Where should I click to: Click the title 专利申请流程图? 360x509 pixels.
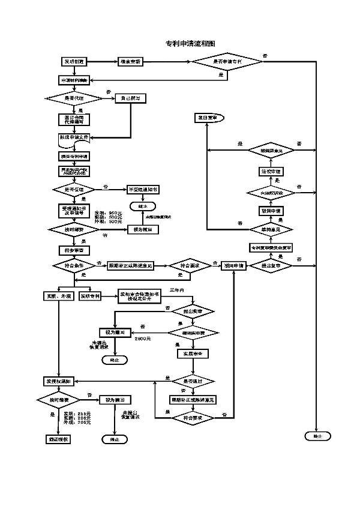190,44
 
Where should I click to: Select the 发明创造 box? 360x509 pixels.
76,62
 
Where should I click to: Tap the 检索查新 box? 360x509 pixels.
130,62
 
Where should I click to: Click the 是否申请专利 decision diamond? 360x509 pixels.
228,62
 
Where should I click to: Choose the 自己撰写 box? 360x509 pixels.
130,98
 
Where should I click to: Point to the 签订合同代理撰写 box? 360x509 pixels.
74,118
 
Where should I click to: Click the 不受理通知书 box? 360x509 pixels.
143,190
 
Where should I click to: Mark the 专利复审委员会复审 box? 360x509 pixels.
271,247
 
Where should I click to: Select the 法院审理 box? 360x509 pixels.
271,172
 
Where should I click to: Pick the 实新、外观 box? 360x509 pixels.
59,296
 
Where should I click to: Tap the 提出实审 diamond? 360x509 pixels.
192,311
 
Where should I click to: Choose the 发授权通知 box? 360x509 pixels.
59,381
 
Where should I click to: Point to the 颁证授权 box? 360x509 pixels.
59,439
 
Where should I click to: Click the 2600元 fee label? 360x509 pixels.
142,340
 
